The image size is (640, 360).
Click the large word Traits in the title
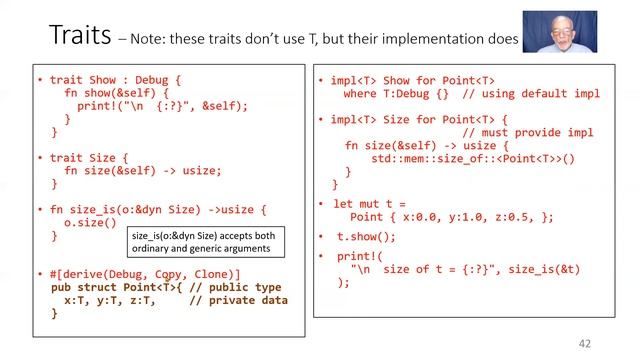82,35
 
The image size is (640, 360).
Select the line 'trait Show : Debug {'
109,79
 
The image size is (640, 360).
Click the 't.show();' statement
366,237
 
